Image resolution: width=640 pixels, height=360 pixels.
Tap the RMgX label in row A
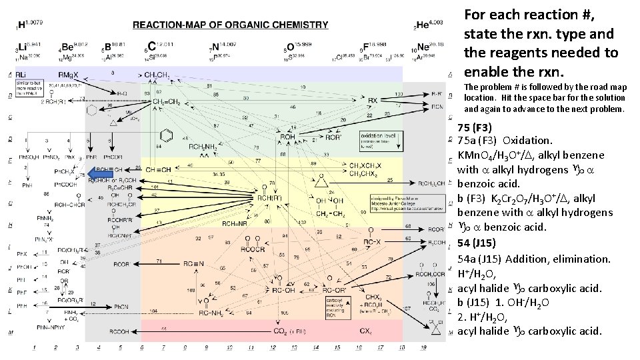tap(69, 74)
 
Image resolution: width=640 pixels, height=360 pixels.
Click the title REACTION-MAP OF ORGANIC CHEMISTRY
tap(231, 25)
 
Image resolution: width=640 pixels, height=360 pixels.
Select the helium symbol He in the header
tap(425, 25)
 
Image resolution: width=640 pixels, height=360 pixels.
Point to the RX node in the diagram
tap(373, 100)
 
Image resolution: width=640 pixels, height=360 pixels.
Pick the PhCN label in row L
tap(121, 306)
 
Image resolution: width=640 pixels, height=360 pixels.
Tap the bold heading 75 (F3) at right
tap(475, 127)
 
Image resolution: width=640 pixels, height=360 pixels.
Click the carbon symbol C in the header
tap(152, 46)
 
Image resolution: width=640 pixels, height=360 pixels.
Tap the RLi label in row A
tap(22, 74)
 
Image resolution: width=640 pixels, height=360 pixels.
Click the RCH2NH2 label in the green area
tap(203, 147)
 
